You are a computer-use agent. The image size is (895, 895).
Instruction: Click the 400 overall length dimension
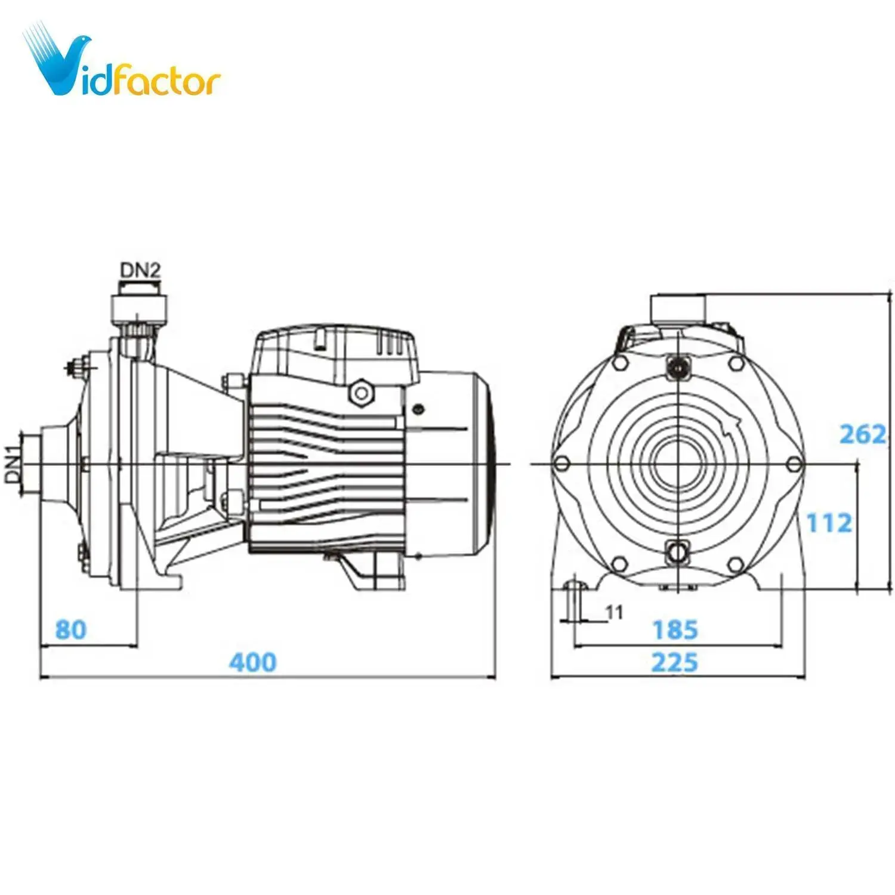[253, 662]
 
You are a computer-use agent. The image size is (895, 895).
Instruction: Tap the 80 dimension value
[71, 630]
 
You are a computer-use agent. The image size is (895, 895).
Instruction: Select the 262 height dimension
[862, 434]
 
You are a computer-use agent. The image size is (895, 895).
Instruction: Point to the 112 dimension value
[829, 523]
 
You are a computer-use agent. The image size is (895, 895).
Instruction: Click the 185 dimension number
[675, 630]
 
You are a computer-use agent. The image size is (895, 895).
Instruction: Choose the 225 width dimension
[674, 662]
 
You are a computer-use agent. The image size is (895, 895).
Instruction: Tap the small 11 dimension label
[614, 612]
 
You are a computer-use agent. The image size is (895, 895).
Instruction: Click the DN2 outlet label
[141, 270]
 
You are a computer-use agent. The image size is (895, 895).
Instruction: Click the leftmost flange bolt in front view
[561, 464]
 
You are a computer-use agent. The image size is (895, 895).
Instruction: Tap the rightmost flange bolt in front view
[794, 464]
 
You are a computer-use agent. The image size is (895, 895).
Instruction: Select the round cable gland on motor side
[361, 392]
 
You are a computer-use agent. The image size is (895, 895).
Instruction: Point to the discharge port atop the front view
[678, 309]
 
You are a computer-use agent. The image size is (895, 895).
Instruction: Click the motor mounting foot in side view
[373, 570]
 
